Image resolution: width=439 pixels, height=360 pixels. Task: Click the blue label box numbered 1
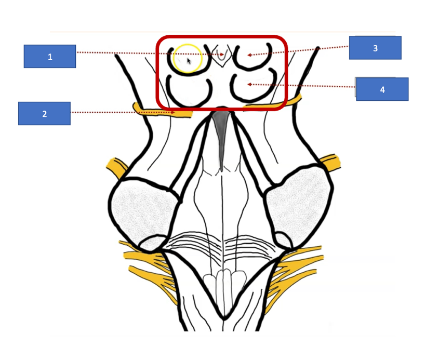pos(50,56)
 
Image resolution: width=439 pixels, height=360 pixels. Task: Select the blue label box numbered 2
pos(44,113)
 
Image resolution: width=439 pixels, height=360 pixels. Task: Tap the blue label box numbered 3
pos(375,48)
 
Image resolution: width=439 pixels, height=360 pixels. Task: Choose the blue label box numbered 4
pos(382,89)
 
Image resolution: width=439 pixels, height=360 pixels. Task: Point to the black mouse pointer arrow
pos(189,61)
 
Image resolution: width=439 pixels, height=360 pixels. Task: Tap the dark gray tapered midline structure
pos(221,135)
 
